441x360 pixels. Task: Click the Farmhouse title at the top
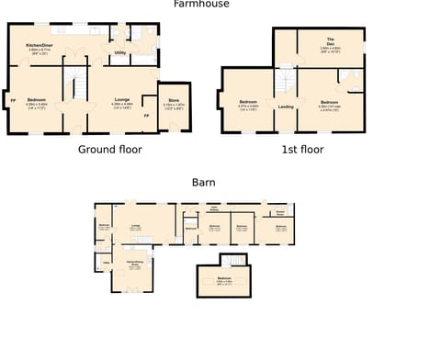pos(201,5)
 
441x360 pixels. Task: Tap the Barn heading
pos(203,183)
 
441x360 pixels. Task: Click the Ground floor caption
pos(110,149)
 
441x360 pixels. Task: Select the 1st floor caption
pos(302,149)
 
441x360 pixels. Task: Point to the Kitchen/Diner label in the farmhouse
pos(40,45)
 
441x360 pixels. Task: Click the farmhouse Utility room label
pos(120,53)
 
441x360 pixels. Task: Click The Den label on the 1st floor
pos(330,42)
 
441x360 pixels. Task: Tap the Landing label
pos(286,107)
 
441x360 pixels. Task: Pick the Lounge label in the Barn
pos(135,225)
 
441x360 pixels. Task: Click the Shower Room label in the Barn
pos(279,212)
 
